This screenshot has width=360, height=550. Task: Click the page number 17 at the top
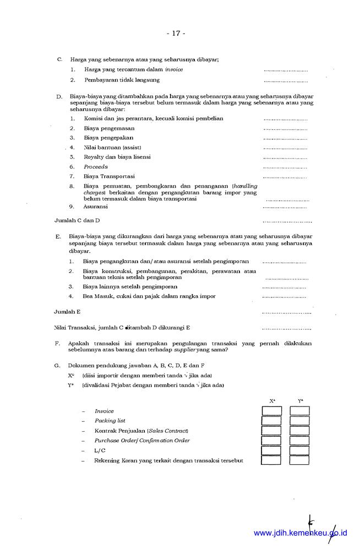[x=176, y=33]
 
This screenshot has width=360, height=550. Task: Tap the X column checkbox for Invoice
[x=271, y=411]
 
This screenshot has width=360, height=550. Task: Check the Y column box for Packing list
[x=299, y=421]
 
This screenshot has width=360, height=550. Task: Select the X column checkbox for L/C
[x=271, y=450]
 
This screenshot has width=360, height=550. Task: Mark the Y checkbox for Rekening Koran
[x=299, y=460]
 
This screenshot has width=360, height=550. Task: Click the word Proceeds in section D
[x=96, y=167]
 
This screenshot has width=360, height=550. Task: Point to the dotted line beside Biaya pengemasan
[x=285, y=129]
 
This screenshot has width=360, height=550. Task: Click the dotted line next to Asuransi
[x=285, y=207]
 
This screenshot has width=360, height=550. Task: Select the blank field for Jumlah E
[x=287, y=312]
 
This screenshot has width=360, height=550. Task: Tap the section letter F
[x=57, y=343]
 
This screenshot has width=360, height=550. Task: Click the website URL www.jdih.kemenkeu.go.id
[x=301, y=533]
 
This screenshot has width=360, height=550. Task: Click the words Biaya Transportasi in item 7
[x=109, y=177]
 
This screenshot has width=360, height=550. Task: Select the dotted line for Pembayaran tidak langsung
[x=285, y=80]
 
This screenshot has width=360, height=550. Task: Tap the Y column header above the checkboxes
[x=300, y=401]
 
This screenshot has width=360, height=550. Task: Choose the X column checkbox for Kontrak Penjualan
[x=271, y=431]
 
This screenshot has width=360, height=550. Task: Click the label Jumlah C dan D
[x=77, y=221]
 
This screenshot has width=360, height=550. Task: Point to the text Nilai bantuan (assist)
[x=113, y=147]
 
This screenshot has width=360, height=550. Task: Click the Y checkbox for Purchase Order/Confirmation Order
[x=299, y=441]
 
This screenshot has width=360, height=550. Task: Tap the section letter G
[x=57, y=365]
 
